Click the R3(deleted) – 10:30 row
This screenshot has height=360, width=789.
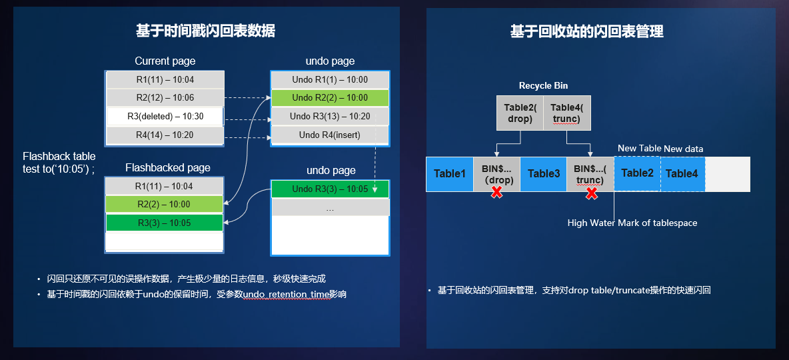(165, 117)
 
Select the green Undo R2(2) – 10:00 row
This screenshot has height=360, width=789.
(330, 98)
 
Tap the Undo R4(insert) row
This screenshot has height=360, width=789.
(330, 135)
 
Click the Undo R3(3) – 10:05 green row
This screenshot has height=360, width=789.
(330, 189)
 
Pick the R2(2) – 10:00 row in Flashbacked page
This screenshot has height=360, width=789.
(164, 205)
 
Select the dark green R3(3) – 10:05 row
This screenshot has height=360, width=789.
(164, 223)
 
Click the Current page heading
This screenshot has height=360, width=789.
(165, 61)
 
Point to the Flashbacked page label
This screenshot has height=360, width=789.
(167, 167)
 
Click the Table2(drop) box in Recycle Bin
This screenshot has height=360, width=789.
(520, 113)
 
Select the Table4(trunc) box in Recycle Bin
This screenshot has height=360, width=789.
(566, 113)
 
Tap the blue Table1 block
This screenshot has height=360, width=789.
(450, 174)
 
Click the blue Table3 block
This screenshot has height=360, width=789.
(543, 174)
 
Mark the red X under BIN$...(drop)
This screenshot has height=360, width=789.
(496, 193)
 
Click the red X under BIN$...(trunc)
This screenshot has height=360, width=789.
(591, 193)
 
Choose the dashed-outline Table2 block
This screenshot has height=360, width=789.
(637, 173)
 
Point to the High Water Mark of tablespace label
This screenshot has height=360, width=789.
(632, 223)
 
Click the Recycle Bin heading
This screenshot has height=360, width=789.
(543, 85)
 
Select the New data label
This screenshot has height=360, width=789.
(683, 149)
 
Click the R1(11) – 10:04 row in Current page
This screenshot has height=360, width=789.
(165, 79)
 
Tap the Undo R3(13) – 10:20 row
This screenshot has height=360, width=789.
(330, 117)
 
